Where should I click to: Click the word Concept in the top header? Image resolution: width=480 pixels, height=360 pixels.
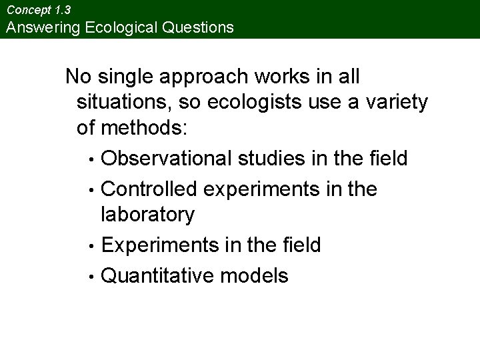pyautogui.click(x=26, y=10)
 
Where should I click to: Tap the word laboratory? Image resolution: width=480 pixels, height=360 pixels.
pyautogui.click(x=147, y=215)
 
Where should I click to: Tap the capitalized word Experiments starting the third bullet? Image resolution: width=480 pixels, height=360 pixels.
pyautogui.click(x=153, y=245)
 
